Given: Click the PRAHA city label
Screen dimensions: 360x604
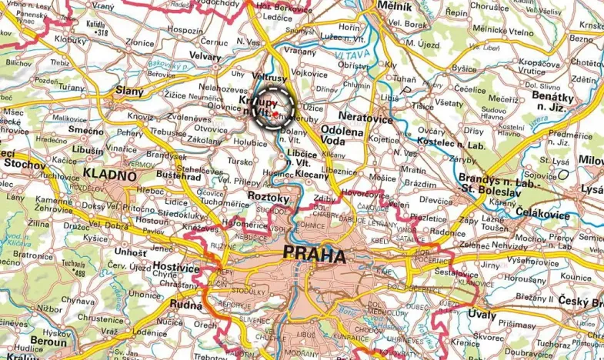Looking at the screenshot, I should pyautogui.click(x=314, y=254).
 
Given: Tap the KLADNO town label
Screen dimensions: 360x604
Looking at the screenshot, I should pyautogui.click(x=111, y=175).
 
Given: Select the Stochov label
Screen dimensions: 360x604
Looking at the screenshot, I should pyautogui.click(x=21, y=163).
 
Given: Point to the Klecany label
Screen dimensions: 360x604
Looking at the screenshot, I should pyautogui.click(x=312, y=175).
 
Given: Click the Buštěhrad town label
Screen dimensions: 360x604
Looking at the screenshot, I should pyautogui.click(x=178, y=176).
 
